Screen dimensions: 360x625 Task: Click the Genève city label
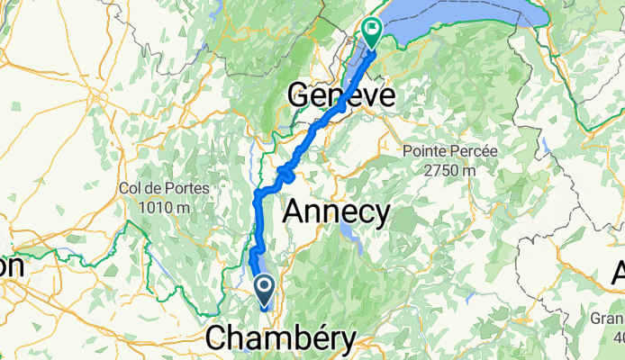(341, 94)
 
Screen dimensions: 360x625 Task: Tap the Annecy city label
(337, 212)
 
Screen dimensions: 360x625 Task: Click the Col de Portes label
(163, 189)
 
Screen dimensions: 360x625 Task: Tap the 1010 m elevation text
(163, 206)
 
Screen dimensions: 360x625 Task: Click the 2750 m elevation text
(449, 168)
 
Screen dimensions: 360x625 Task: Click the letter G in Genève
(299, 94)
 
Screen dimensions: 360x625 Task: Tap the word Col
(130, 189)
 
